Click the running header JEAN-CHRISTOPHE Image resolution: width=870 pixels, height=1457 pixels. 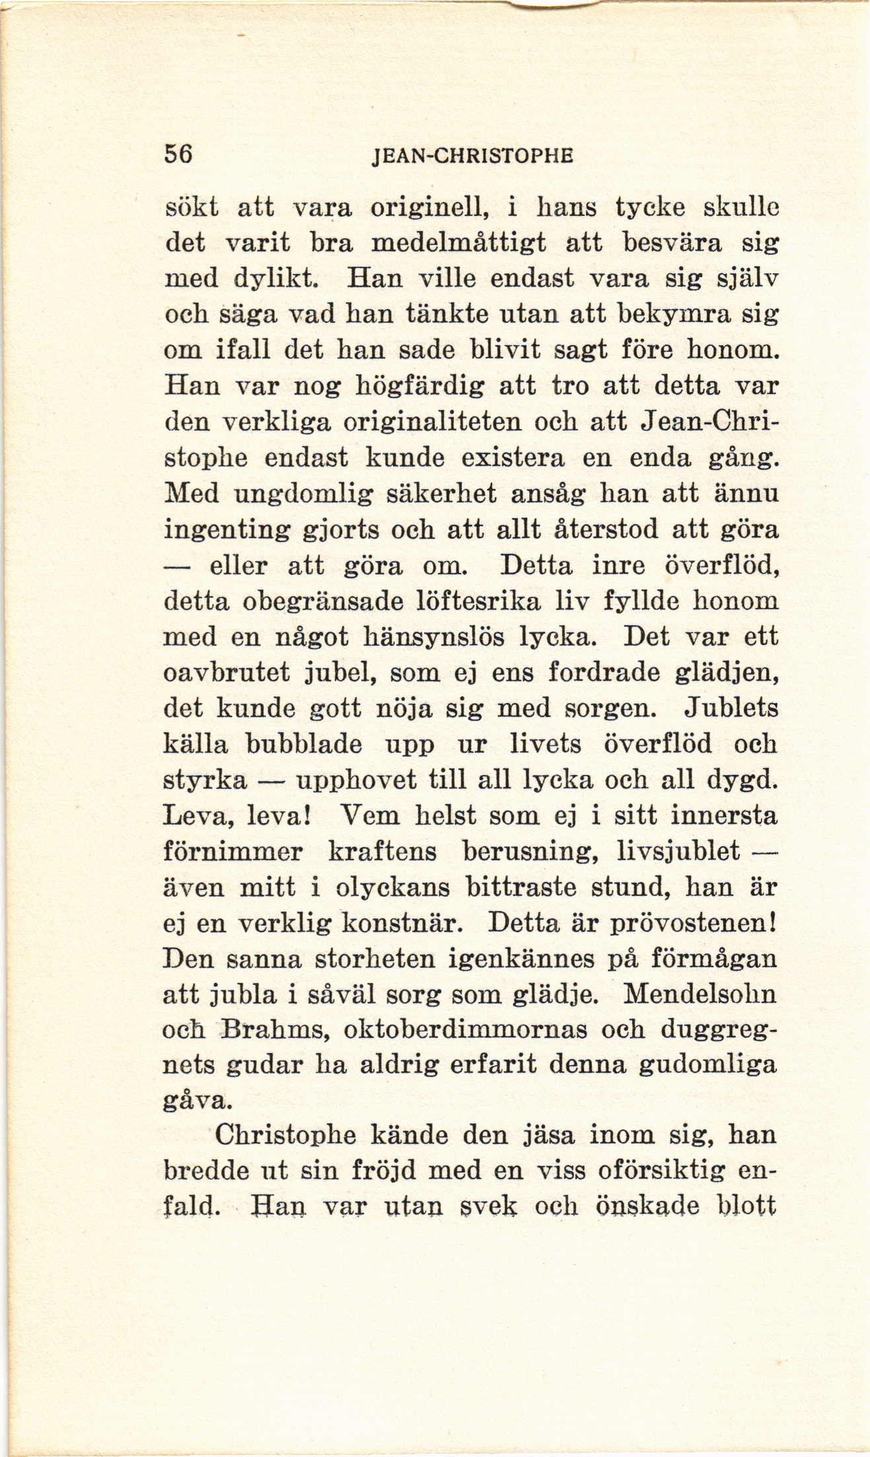click(x=472, y=156)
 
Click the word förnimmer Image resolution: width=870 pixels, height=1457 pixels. click(x=233, y=852)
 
